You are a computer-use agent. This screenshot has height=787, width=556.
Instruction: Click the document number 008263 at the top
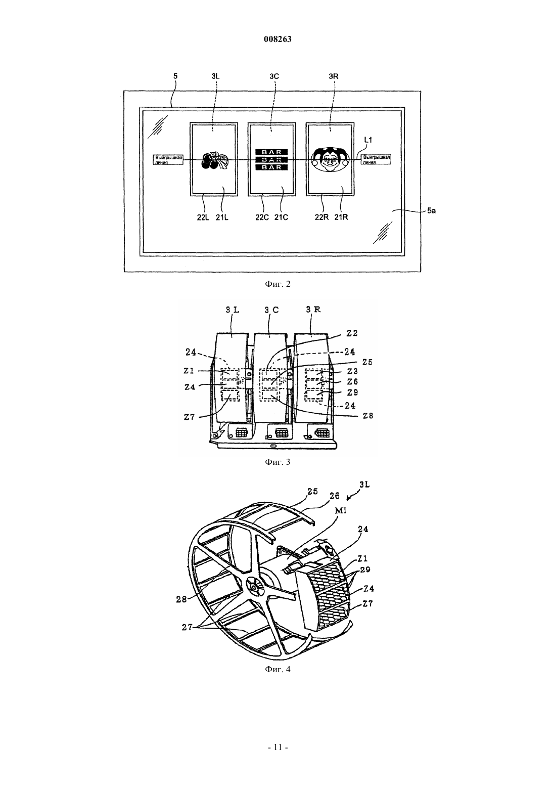(277, 39)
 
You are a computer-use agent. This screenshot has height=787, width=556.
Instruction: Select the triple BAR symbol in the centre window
(271, 159)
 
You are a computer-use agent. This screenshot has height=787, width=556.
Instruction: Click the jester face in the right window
(331, 159)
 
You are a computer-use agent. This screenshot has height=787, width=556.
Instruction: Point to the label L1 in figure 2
(368, 140)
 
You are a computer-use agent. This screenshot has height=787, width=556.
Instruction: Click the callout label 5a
(431, 211)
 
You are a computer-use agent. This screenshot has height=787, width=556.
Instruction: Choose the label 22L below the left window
(203, 217)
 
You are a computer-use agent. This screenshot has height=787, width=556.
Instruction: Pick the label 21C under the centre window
(281, 217)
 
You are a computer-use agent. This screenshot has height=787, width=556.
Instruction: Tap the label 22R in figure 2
(321, 217)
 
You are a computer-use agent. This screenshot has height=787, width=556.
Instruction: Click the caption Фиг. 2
(277, 284)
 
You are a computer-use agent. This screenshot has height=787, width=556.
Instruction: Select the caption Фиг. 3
(277, 462)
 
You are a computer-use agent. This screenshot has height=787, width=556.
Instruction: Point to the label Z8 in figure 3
(368, 416)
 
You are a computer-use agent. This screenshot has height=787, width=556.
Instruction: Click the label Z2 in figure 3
(352, 333)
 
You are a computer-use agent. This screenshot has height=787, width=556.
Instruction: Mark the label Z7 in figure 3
(189, 417)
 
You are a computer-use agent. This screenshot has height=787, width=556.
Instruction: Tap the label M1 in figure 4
(341, 510)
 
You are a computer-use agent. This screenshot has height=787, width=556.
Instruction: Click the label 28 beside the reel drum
(181, 599)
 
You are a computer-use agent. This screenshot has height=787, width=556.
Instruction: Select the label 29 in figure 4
(365, 560)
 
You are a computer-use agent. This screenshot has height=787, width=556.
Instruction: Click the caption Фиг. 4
(277, 669)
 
